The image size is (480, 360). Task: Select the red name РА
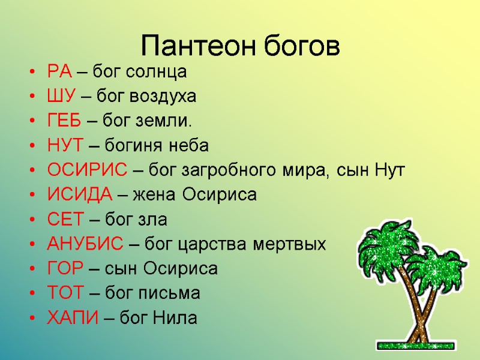point(59,73)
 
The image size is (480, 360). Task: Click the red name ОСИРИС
point(87,171)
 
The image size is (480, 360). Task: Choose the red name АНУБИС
point(85,245)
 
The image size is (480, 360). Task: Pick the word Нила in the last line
point(178,318)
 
